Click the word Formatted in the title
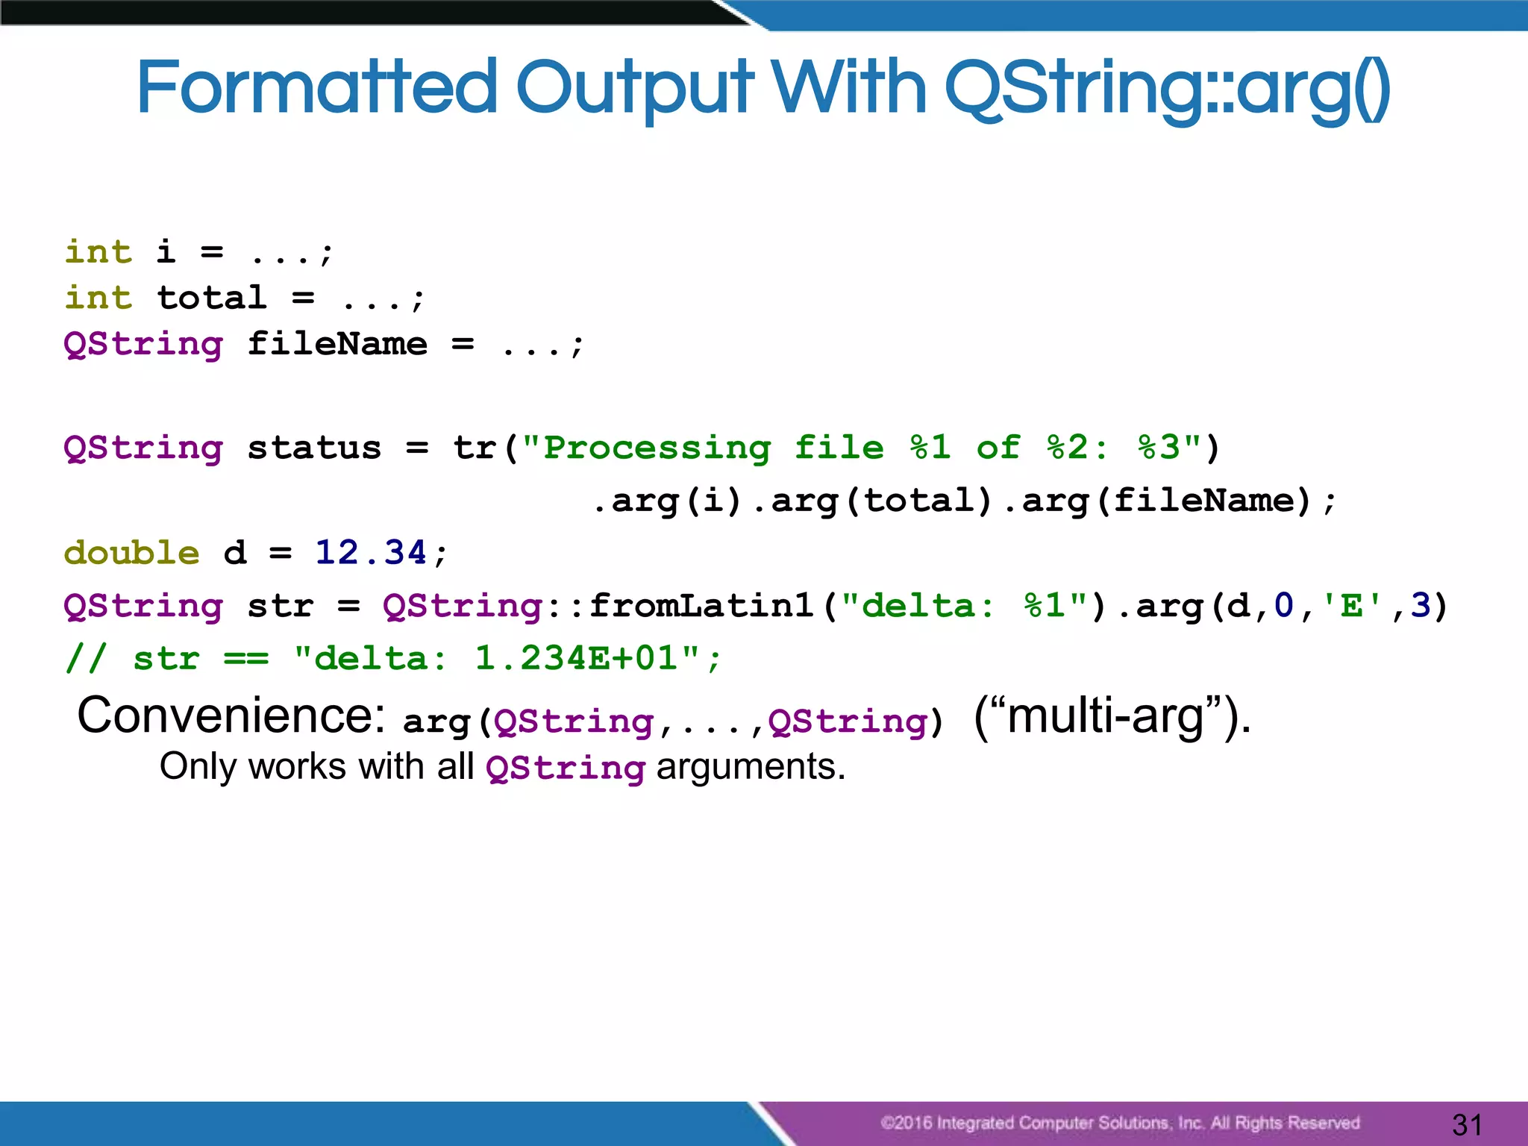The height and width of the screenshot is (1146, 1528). click(316, 88)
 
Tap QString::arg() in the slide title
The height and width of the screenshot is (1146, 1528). click(1167, 88)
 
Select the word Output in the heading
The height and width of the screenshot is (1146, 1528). click(634, 88)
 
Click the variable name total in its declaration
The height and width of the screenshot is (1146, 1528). click(212, 298)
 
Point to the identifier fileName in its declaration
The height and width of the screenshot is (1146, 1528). click(337, 345)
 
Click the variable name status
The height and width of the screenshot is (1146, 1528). click(314, 448)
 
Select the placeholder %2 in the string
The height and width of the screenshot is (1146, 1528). click(1068, 448)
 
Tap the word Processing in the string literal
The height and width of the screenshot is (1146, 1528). click(657, 448)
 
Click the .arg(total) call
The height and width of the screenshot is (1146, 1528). click(873, 501)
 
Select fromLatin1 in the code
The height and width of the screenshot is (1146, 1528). click(701, 606)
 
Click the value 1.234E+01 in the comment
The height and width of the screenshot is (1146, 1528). click(577, 659)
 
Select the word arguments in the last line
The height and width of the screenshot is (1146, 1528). click(751, 767)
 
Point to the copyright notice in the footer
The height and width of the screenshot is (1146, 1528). click(1120, 1123)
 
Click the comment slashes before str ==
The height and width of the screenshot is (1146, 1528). click(87, 659)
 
